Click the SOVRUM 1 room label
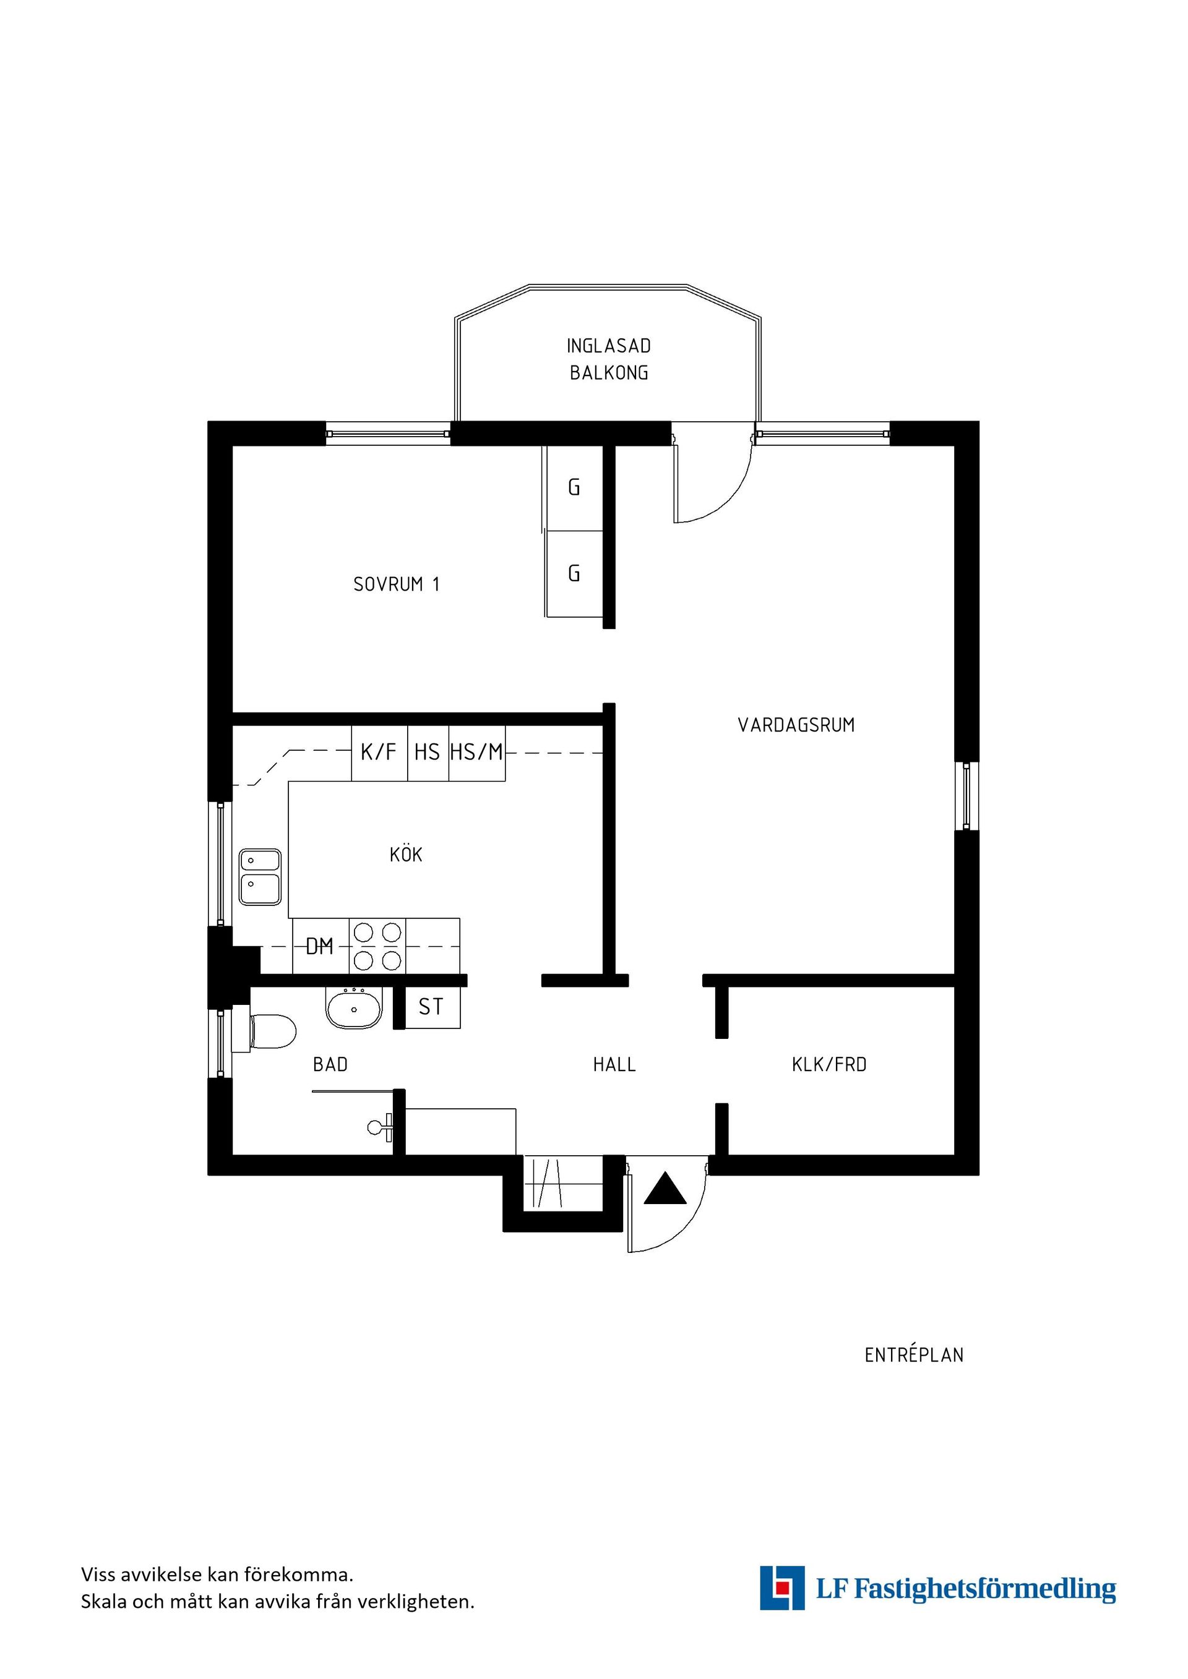(x=397, y=584)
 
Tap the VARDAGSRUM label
(x=796, y=725)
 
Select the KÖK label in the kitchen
(x=406, y=853)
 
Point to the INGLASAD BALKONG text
(x=609, y=359)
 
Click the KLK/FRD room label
(x=829, y=1065)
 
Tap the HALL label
(x=614, y=1065)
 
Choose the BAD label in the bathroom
(x=330, y=1065)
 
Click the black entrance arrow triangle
(x=665, y=1189)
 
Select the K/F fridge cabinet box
(x=379, y=753)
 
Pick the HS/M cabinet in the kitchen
(x=477, y=753)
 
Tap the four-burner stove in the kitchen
(x=377, y=946)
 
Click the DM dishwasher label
(x=320, y=947)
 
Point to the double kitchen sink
(x=260, y=877)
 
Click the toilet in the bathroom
(x=264, y=1032)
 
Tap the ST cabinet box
(x=433, y=1007)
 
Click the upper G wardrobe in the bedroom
(x=575, y=488)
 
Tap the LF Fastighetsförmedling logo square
(x=782, y=1587)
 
